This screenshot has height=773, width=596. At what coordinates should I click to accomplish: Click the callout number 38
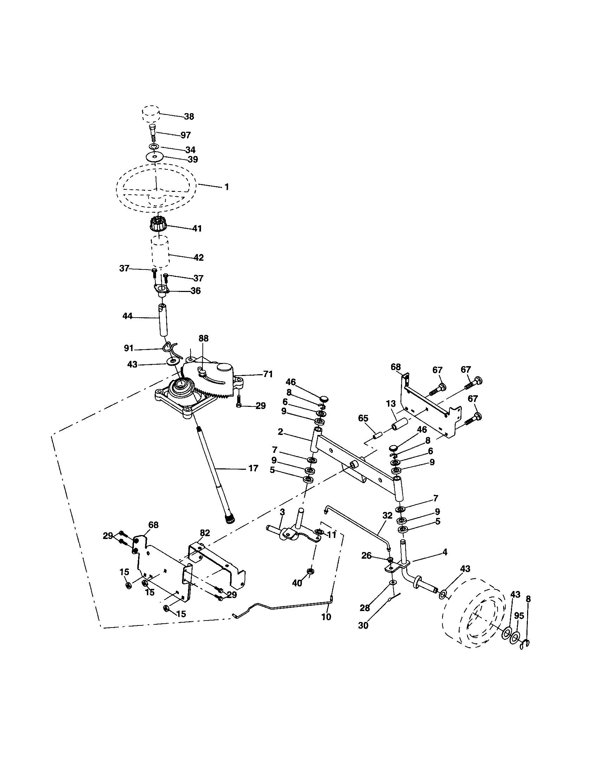coord(189,116)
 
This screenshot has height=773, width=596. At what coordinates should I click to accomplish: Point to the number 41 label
coord(197,228)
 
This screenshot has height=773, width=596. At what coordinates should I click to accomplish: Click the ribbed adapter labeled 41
coord(158,223)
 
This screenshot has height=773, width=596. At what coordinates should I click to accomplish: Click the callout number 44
coord(127,316)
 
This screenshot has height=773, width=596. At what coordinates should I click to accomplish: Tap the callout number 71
coord(268,374)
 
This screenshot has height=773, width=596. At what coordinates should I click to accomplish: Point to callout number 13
coord(390,404)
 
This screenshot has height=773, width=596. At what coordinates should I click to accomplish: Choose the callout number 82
coord(205,533)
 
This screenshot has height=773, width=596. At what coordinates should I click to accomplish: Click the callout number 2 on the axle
coord(280,432)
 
